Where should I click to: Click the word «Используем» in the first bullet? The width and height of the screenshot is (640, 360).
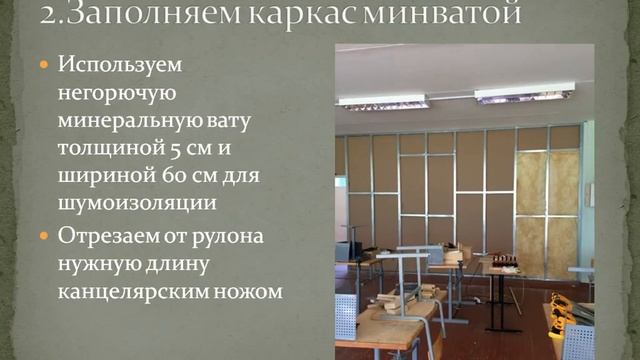(x=120, y=65)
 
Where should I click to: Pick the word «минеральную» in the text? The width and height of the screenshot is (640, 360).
(x=132, y=122)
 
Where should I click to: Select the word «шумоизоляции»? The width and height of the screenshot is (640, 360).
(x=138, y=205)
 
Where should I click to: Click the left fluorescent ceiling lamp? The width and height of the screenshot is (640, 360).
(x=383, y=102)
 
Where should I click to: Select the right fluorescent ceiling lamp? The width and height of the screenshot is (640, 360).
(x=524, y=93)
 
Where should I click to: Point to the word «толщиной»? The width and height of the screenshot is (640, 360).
(x=99, y=150)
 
